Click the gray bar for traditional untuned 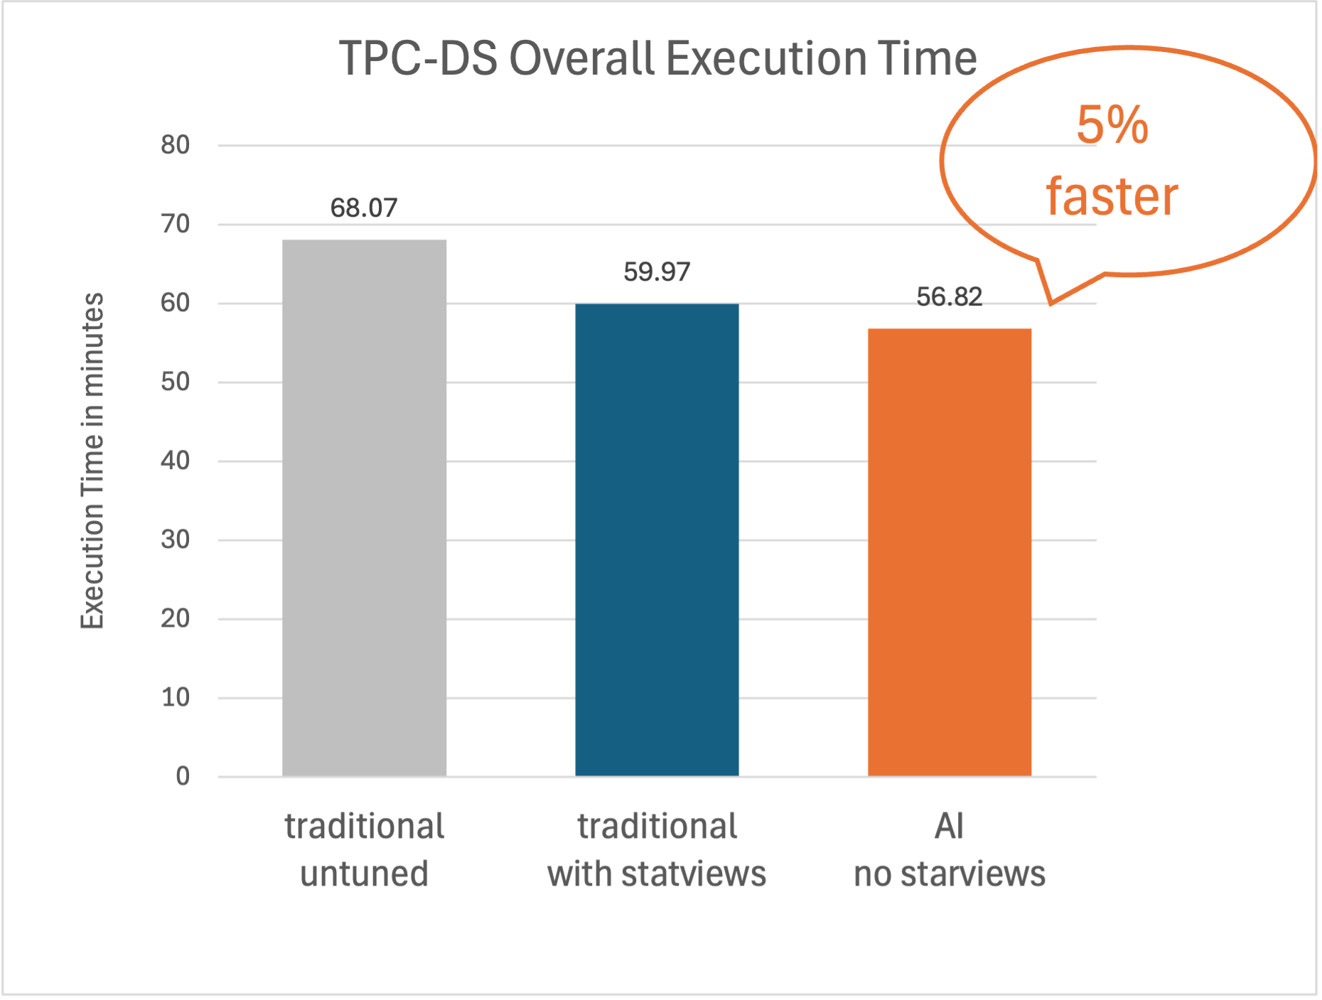coord(364,507)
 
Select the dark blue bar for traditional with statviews coord(657,539)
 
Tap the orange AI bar coord(950,552)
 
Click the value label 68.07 coord(364,208)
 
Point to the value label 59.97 coord(657,272)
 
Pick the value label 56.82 coord(950,297)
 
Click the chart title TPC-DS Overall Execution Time coord(657,58)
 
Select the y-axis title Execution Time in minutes coord(92,461)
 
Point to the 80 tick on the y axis coord(175,145)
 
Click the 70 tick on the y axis coord(175,224)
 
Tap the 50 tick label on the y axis coord(175,382)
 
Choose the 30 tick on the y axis coord(175,539)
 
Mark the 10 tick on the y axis coord(175,697)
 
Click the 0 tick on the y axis coord(183,776)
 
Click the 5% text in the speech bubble coord(1112,125)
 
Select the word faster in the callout coord(1112,196)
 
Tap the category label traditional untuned coord(364,849)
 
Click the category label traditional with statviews coord(657,849)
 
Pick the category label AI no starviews coord(950,849)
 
